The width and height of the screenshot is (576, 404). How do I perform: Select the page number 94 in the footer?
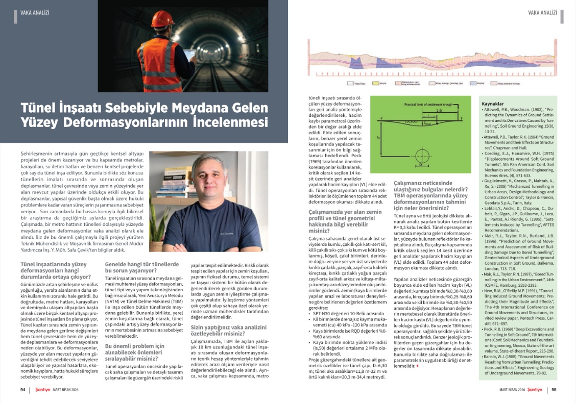(x=22, y=390)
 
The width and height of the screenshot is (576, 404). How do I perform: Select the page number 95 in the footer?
(x=554, y=390)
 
